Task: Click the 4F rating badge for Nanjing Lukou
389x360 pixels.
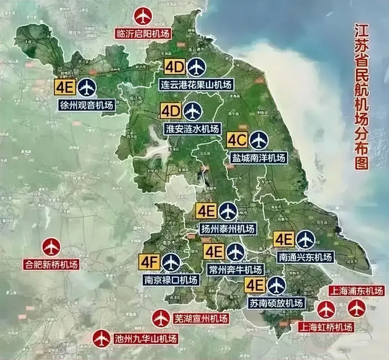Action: [x=149, y=262]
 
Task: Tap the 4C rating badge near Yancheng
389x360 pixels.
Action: [x=237, y=140]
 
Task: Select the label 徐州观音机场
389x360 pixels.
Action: [x=87, y=105]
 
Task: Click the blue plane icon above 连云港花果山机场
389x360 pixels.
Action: [x=197, y=67]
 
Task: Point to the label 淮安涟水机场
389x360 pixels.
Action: [x=192, y=129]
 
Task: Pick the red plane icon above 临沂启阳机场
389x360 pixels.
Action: [x=143, y=17]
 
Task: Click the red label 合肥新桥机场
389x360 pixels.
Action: [x=51, y=265]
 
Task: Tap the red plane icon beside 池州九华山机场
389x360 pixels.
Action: [x=102, y=338]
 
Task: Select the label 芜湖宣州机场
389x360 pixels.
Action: [x=200, y=319]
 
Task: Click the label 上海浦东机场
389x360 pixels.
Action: [x=356, y=291]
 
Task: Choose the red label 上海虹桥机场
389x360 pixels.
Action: [x=325, y=327]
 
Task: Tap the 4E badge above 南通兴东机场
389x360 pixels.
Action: [x=284, y=239]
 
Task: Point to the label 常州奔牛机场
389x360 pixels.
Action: [x=235, y=270]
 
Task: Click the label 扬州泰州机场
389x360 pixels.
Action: [x=228, y=229]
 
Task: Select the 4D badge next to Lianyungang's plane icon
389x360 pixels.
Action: [x=175, y=67]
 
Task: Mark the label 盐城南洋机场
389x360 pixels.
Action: [x=258, y=157]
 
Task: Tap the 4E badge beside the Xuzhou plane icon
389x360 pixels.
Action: [x=65, y=88]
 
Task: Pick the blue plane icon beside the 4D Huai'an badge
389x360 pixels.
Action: [x=193, y=111]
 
